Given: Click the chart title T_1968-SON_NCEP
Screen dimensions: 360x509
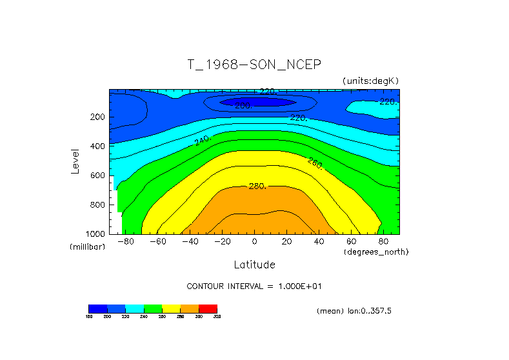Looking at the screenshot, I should (254, 65).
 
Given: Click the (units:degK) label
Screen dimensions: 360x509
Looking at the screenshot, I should (371, 81).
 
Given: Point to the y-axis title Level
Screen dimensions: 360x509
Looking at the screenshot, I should (76, 161).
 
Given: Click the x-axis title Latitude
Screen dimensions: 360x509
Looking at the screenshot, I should (254, 265).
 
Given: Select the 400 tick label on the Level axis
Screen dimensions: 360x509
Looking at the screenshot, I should (97, 146).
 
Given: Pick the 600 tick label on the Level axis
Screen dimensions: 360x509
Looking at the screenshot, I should (97, 175).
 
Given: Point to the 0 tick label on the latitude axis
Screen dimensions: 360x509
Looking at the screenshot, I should (254, 241).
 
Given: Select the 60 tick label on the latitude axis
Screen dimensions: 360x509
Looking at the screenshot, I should (352, 241).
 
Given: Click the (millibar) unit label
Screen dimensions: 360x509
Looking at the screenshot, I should (87, 247).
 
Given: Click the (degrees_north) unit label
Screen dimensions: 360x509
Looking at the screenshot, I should (377, 252).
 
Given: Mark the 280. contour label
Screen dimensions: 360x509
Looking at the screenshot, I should (257, 186).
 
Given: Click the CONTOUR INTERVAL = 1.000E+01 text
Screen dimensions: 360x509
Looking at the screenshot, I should (254, 286).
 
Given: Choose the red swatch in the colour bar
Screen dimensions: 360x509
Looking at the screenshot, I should (208, 308).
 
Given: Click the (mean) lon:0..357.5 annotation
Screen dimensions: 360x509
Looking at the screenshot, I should (354, 311).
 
